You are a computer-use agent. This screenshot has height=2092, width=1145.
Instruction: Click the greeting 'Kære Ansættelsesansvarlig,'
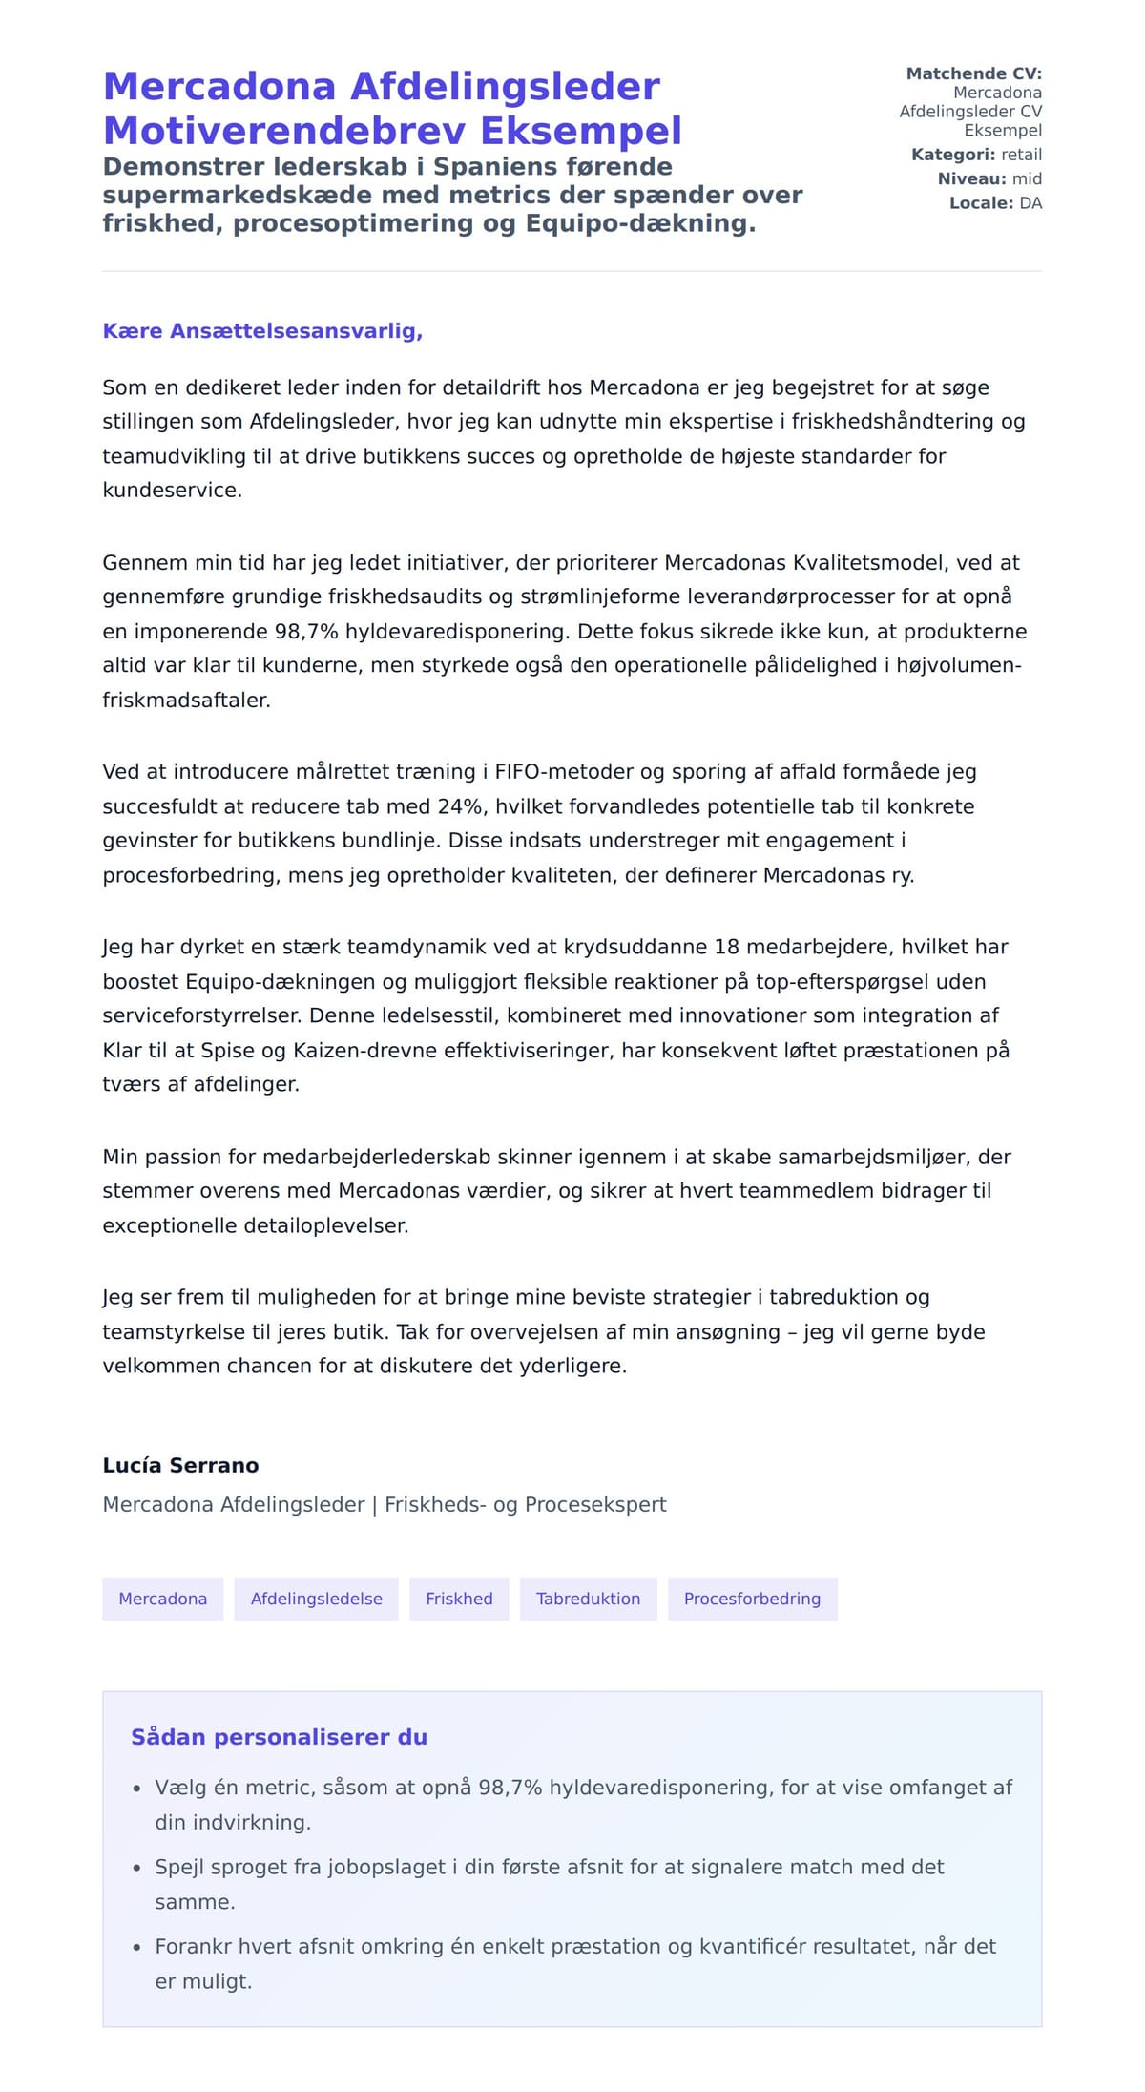262,331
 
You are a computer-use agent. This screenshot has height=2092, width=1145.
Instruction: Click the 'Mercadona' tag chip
162,1599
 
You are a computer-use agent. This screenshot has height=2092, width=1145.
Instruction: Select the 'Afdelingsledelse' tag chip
316,1599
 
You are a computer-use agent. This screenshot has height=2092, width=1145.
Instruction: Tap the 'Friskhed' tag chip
459,1599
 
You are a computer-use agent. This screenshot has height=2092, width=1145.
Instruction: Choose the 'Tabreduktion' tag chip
588,1599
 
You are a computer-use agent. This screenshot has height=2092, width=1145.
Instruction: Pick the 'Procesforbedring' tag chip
752,1599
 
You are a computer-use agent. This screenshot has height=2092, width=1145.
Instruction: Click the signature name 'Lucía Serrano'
180,1465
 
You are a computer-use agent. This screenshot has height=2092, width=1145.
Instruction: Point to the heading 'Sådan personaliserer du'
279,1737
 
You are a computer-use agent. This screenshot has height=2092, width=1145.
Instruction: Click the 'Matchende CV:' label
973,73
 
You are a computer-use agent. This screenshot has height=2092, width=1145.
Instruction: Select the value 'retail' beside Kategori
1021,155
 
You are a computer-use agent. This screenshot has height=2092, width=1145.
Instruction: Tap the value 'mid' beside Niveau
1027,178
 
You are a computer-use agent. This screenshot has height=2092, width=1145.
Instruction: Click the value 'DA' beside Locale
1030,203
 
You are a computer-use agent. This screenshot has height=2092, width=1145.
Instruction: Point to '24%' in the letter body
460,806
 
